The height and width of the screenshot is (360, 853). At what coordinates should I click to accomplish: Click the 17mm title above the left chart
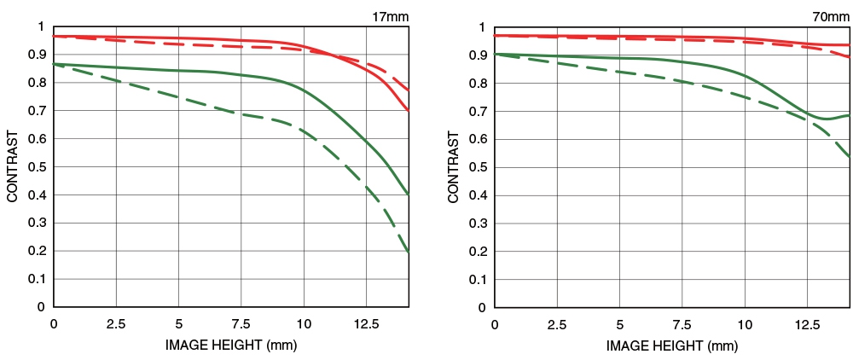pos(390,15)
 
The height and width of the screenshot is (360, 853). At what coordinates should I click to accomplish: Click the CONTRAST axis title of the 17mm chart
pos(13,166)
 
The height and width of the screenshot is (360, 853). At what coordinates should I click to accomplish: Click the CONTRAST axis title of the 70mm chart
pos(453,166)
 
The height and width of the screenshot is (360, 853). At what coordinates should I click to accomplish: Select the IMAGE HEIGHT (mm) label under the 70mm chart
pos(672,346)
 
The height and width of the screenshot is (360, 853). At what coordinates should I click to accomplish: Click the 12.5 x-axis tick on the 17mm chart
pos(366,324)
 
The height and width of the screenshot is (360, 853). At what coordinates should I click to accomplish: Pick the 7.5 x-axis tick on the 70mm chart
pos(682,325)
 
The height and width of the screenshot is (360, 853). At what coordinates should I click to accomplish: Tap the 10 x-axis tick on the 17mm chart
pos(304,324)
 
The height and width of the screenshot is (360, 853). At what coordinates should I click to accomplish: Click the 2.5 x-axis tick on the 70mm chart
pos(557,325)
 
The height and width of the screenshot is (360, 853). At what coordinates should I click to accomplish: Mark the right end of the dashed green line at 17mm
pos(409,253)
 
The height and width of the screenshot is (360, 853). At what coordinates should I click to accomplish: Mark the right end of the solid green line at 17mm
pos(409,195)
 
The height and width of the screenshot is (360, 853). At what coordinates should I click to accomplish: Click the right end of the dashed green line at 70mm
pos(850,157)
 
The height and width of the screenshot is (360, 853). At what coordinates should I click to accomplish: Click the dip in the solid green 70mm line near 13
pos(826,119)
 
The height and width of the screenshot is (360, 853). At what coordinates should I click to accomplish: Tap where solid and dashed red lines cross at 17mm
pos(331,54)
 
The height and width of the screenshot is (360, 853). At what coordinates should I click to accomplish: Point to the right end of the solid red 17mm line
pos(409,111)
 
